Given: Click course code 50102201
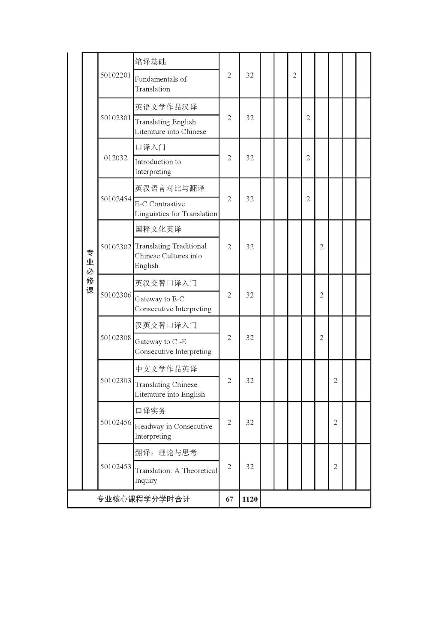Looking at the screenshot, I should [x=115, y=75].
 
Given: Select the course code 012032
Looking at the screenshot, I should [x=115, y=158].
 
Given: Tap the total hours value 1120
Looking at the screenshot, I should [x=250, y=499].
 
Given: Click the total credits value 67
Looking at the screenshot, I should [x=229, y=499].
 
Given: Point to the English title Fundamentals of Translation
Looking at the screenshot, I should [x=161, y=84].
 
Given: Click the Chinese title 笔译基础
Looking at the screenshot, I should [x=150, y=62].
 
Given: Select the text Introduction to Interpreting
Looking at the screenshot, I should [x=158, y=167].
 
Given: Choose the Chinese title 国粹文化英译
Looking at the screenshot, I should [x=158, y=229].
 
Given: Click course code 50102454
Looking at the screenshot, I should [x=116, y=199].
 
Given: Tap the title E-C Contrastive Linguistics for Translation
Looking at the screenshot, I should [x=176, y=209].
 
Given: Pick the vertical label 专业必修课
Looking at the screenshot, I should [x=90, y=271].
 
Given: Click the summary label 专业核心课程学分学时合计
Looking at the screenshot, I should [x=143, y=499].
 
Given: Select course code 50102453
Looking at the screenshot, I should [x=116, y=467].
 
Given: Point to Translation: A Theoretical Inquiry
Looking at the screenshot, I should [x=176, y=475].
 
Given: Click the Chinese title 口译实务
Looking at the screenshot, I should [x=150, y=411].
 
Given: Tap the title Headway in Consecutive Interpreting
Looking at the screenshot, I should [x=173, y=431].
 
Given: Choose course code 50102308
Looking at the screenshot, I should [x=116, y=338].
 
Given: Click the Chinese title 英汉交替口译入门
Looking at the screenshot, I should [x=166, y=283].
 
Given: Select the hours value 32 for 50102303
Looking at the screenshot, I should [x=250, y=381].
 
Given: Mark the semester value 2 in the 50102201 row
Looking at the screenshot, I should [x=295, y=75].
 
